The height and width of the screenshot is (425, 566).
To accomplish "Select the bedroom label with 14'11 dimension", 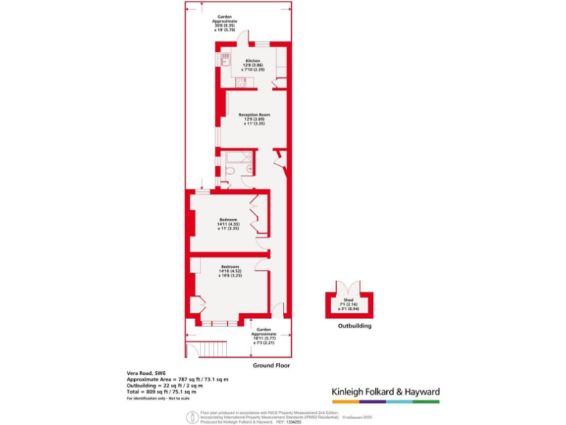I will (228, 224).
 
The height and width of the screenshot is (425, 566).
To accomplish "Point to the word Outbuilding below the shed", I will (354, 325).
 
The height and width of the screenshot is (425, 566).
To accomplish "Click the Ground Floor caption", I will (272, 365).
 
